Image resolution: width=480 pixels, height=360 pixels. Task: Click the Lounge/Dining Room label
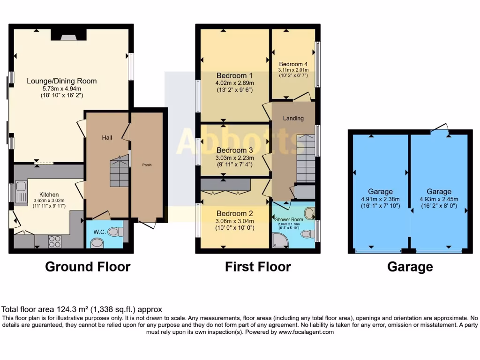(61, 81)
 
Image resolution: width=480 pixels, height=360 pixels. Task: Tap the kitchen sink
(21, 193)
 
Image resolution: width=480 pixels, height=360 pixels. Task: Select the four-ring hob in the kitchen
(55, 241)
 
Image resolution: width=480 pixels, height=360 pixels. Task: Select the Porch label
(147, 165)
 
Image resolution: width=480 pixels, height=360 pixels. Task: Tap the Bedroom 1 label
(234, 75)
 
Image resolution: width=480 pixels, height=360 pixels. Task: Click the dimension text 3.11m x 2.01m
(293, 70)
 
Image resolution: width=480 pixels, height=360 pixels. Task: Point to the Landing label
(293, 118)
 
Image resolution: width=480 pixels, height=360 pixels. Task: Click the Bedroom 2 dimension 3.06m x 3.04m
(234, 221)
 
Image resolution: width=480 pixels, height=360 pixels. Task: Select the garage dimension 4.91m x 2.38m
(380, 199)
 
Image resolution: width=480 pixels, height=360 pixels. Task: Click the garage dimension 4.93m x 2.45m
(439, 199)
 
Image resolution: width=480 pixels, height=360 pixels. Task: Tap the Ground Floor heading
(88, 267)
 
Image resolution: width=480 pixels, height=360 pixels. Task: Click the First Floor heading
(258, 267)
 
